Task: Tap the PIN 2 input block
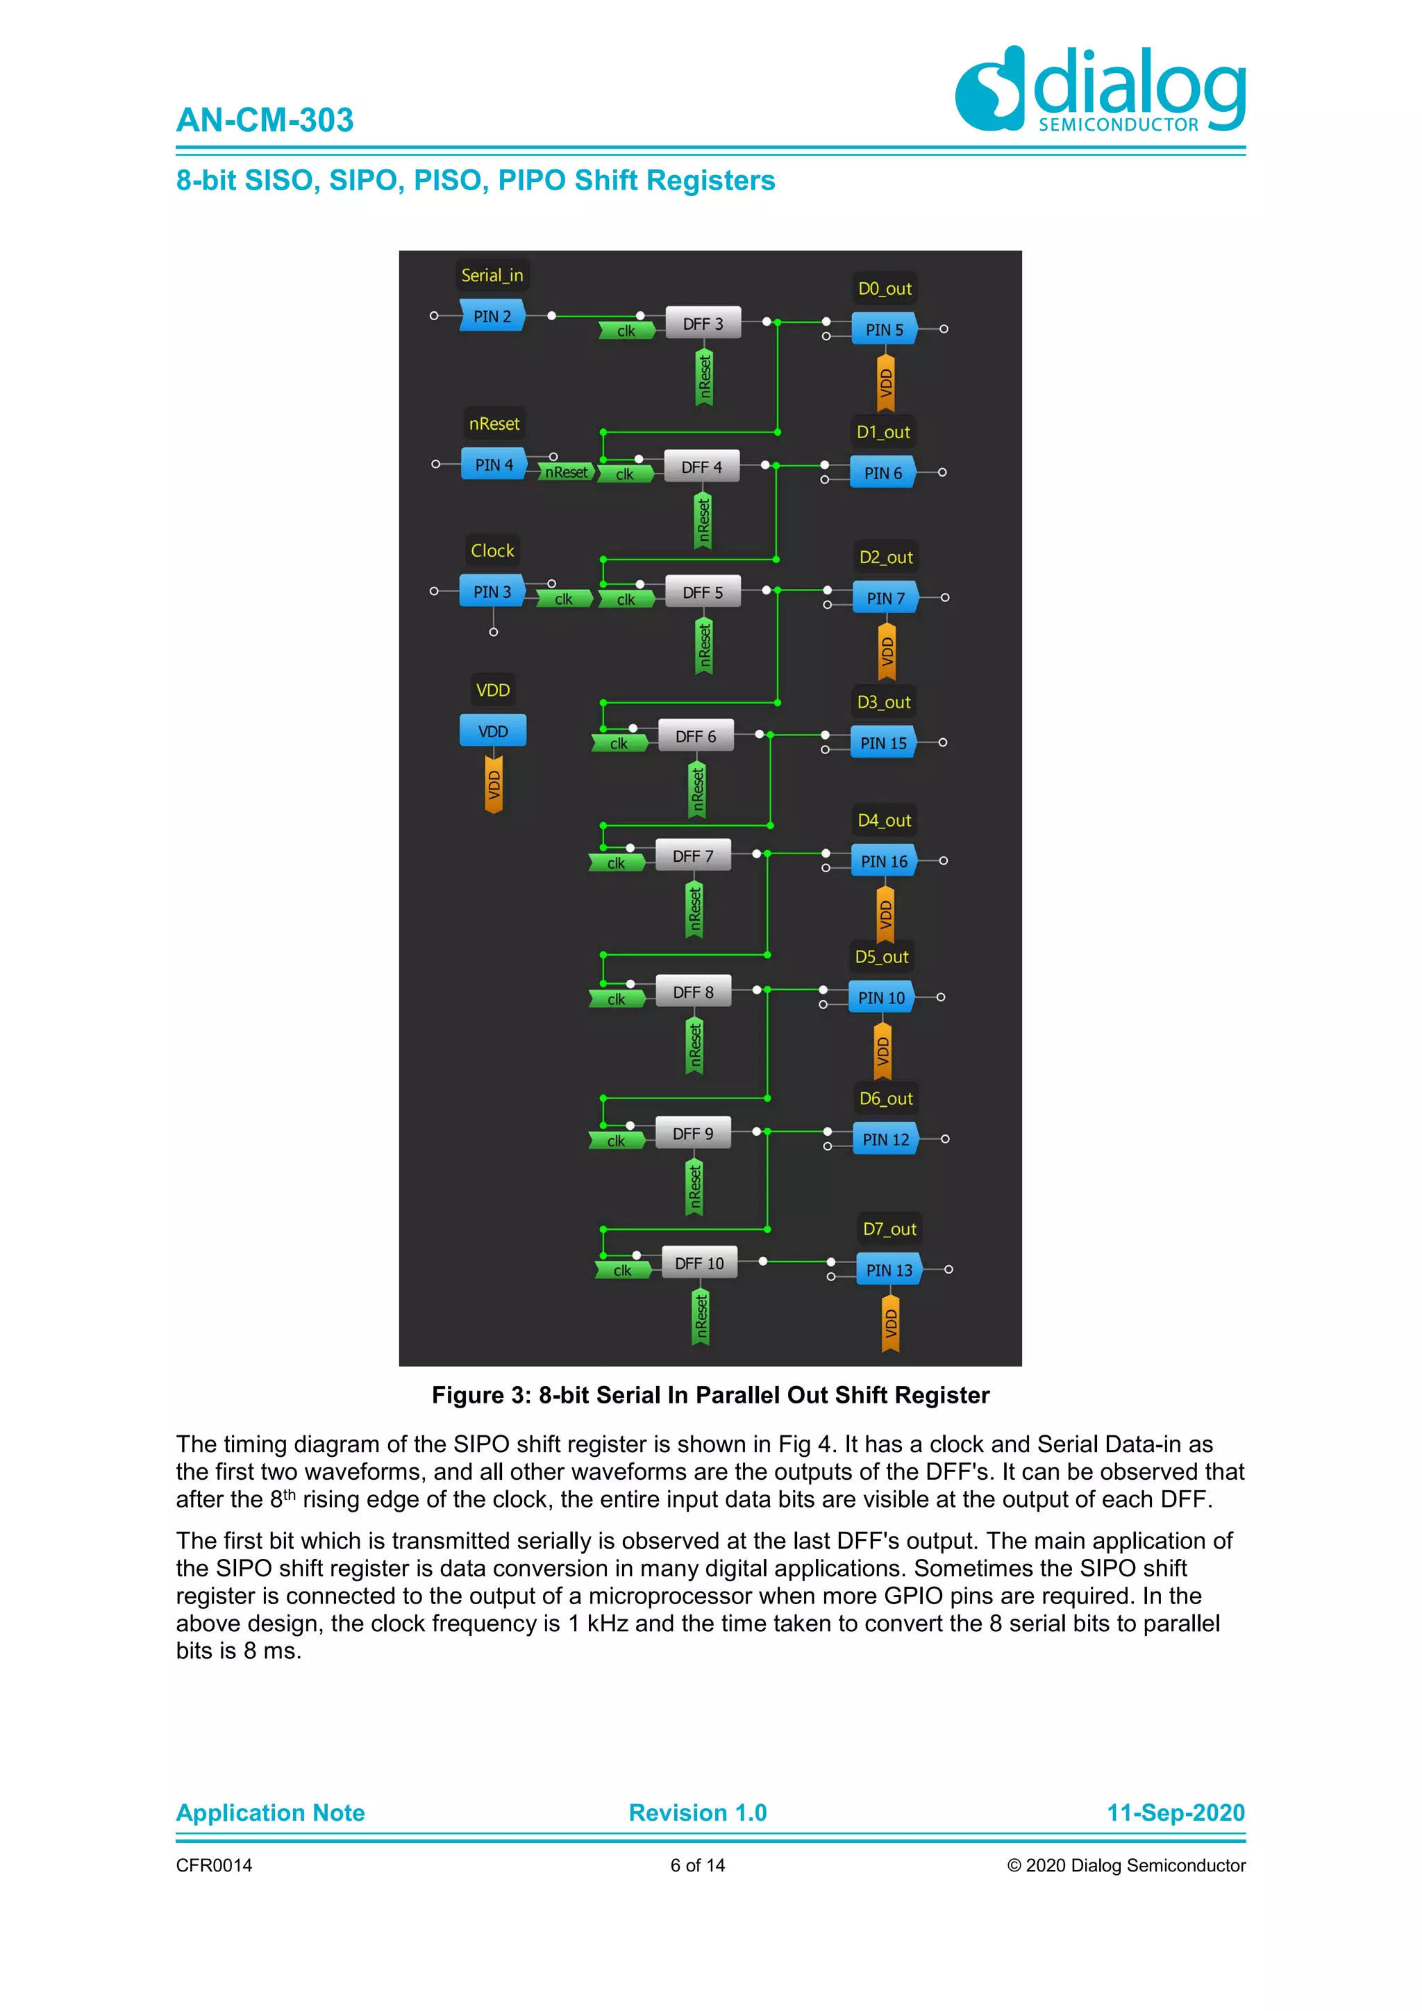(x=492, y=316)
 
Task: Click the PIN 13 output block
(x=889, y=1270)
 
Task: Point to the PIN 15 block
(x=883, y=743)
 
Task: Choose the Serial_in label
(x=492, y=275)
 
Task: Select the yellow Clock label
(x=492, y=551)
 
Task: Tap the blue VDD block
(x=493, y=731)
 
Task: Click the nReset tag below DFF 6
(x=697, y=790)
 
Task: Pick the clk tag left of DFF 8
(x=617, y=999)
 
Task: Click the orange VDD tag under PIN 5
(x=886, y=383)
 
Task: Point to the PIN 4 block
(x=494, y=465)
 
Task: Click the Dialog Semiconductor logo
(x=1100, y=90)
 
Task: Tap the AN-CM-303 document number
(x=265, y=120)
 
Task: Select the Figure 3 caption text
(x=710, y=1395)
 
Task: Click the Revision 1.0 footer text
(x=697, y=1812)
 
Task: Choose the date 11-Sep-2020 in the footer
(x=1175, y=1812)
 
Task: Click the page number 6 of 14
(x=697, y=1864)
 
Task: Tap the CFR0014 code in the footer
(x=214, y=1864)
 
